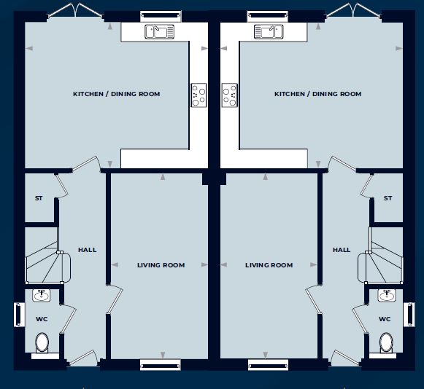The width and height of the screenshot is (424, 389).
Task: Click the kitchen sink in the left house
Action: coord(159,31)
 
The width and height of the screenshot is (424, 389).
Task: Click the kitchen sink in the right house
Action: coord(269,31)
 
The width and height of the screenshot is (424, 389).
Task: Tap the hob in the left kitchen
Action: coord(198,95)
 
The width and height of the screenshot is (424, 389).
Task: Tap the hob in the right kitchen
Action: coord(230,95)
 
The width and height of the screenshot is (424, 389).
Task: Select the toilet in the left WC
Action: coord(42,343)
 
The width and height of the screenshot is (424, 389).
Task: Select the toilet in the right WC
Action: coord(386,343)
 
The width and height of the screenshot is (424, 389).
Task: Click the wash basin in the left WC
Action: coord(42,295)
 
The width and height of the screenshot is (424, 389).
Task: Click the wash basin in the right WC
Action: coord(386,295)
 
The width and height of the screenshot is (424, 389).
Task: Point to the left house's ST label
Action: coord(39,198)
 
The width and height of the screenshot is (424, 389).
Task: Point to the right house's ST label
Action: coord(388,198)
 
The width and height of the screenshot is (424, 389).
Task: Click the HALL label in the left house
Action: coord(88,250)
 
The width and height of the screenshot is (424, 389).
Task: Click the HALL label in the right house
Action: coord(342,250)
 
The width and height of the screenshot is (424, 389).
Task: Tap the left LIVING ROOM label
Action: coord(161,265)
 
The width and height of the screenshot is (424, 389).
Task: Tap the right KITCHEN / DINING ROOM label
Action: coord(318,94)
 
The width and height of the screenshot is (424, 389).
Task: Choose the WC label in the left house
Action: coord(42,319)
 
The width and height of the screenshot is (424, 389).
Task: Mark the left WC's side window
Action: coord(19,315)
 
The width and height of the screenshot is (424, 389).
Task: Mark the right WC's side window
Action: coord(409,315)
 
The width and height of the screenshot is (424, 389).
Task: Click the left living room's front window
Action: coord(161,365)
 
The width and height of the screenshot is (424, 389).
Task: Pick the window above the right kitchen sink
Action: coord(268,16)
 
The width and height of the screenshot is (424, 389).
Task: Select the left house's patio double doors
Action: coord(76,12)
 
